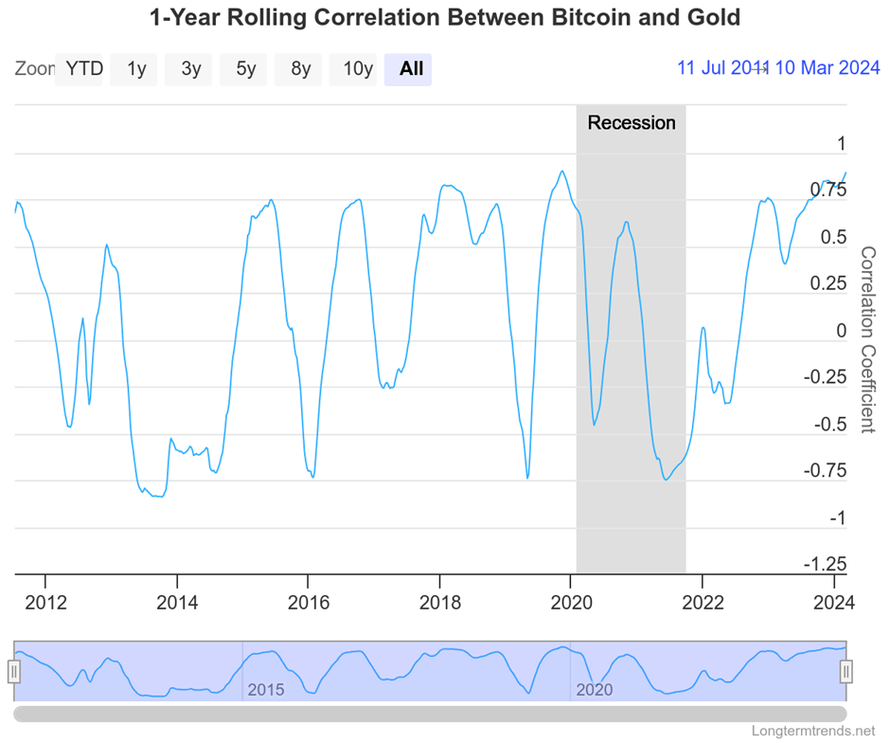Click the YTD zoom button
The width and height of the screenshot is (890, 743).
82,68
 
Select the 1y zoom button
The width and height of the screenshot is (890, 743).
136,68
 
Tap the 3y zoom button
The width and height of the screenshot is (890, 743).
191,68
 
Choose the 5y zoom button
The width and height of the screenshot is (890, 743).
246,68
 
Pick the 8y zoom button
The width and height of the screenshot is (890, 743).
301,68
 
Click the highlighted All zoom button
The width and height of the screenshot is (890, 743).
411,68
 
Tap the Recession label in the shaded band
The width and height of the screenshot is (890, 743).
632,123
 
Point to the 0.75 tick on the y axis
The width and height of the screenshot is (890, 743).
828,190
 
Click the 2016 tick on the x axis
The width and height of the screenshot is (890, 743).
308,603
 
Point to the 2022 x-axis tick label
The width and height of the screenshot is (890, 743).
703,603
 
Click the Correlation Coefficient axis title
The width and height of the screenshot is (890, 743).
867,338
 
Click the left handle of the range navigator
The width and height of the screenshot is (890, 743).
14,672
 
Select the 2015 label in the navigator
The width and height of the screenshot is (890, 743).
265,690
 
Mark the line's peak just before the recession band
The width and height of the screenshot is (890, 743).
562,172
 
